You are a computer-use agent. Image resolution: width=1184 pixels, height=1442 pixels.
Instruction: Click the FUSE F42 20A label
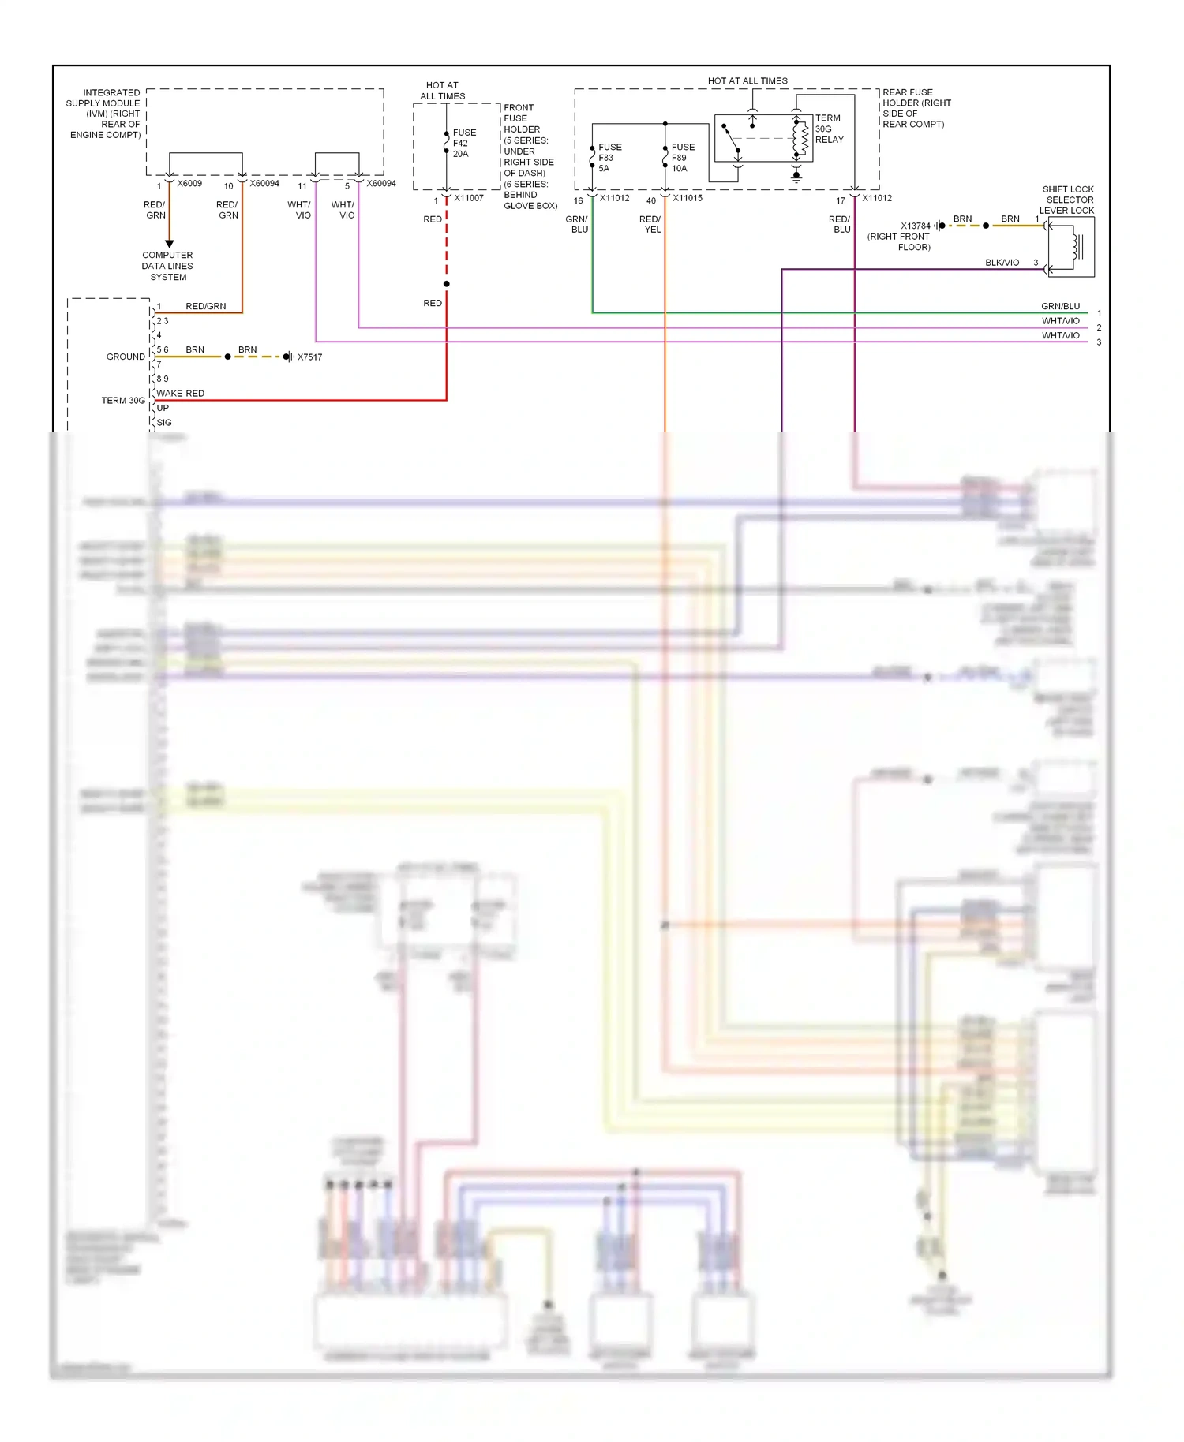pos(463,144)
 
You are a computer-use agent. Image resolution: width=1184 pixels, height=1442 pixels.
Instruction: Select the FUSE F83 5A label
pos(609,158)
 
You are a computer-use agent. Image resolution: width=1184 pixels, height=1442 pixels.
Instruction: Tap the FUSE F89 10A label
pos(683,158)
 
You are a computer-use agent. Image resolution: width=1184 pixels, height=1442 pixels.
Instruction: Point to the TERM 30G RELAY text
pos(829,129)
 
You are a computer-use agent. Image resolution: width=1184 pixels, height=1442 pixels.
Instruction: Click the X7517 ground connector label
pos(309,357)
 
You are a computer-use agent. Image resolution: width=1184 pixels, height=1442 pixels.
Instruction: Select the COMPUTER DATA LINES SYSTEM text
pos(167,266)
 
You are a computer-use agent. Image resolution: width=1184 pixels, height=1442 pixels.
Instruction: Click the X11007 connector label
pos(469,198)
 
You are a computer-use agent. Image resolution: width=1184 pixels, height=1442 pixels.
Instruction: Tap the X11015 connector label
pos(687,198)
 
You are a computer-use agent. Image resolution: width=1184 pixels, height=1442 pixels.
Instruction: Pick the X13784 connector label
pos(916,226)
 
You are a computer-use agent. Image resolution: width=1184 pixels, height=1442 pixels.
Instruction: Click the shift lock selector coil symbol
pos(1075,247)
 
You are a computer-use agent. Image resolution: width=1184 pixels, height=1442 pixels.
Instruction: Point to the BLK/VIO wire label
pos(1002,263)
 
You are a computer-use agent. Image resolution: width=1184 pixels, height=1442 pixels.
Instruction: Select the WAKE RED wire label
pos(180,393)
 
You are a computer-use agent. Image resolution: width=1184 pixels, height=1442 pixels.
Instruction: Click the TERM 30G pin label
pos(123,401)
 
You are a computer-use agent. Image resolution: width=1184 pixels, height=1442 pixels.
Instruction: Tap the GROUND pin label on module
pos(126,357)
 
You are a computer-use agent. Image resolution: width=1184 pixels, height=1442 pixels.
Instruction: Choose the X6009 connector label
pos(189,184)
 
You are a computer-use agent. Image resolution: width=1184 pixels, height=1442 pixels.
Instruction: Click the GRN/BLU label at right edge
pos(1060,306)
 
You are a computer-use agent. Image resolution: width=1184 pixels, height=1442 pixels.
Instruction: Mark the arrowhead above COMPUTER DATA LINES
pos(169,244)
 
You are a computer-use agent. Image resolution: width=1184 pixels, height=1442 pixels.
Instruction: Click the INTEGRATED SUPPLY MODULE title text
pos(104,114)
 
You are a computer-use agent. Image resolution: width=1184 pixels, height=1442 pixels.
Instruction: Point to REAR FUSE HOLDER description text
pos(916,108)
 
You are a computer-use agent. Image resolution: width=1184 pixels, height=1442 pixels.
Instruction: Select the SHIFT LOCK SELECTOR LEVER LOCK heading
pos(1067,200)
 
